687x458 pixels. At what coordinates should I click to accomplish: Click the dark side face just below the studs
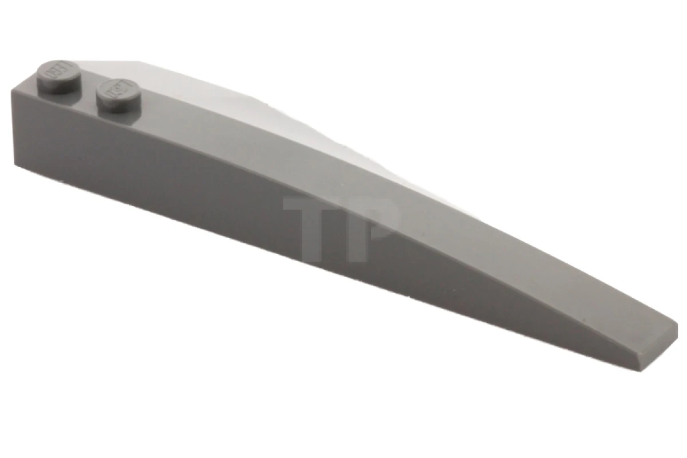tap(86, 143)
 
